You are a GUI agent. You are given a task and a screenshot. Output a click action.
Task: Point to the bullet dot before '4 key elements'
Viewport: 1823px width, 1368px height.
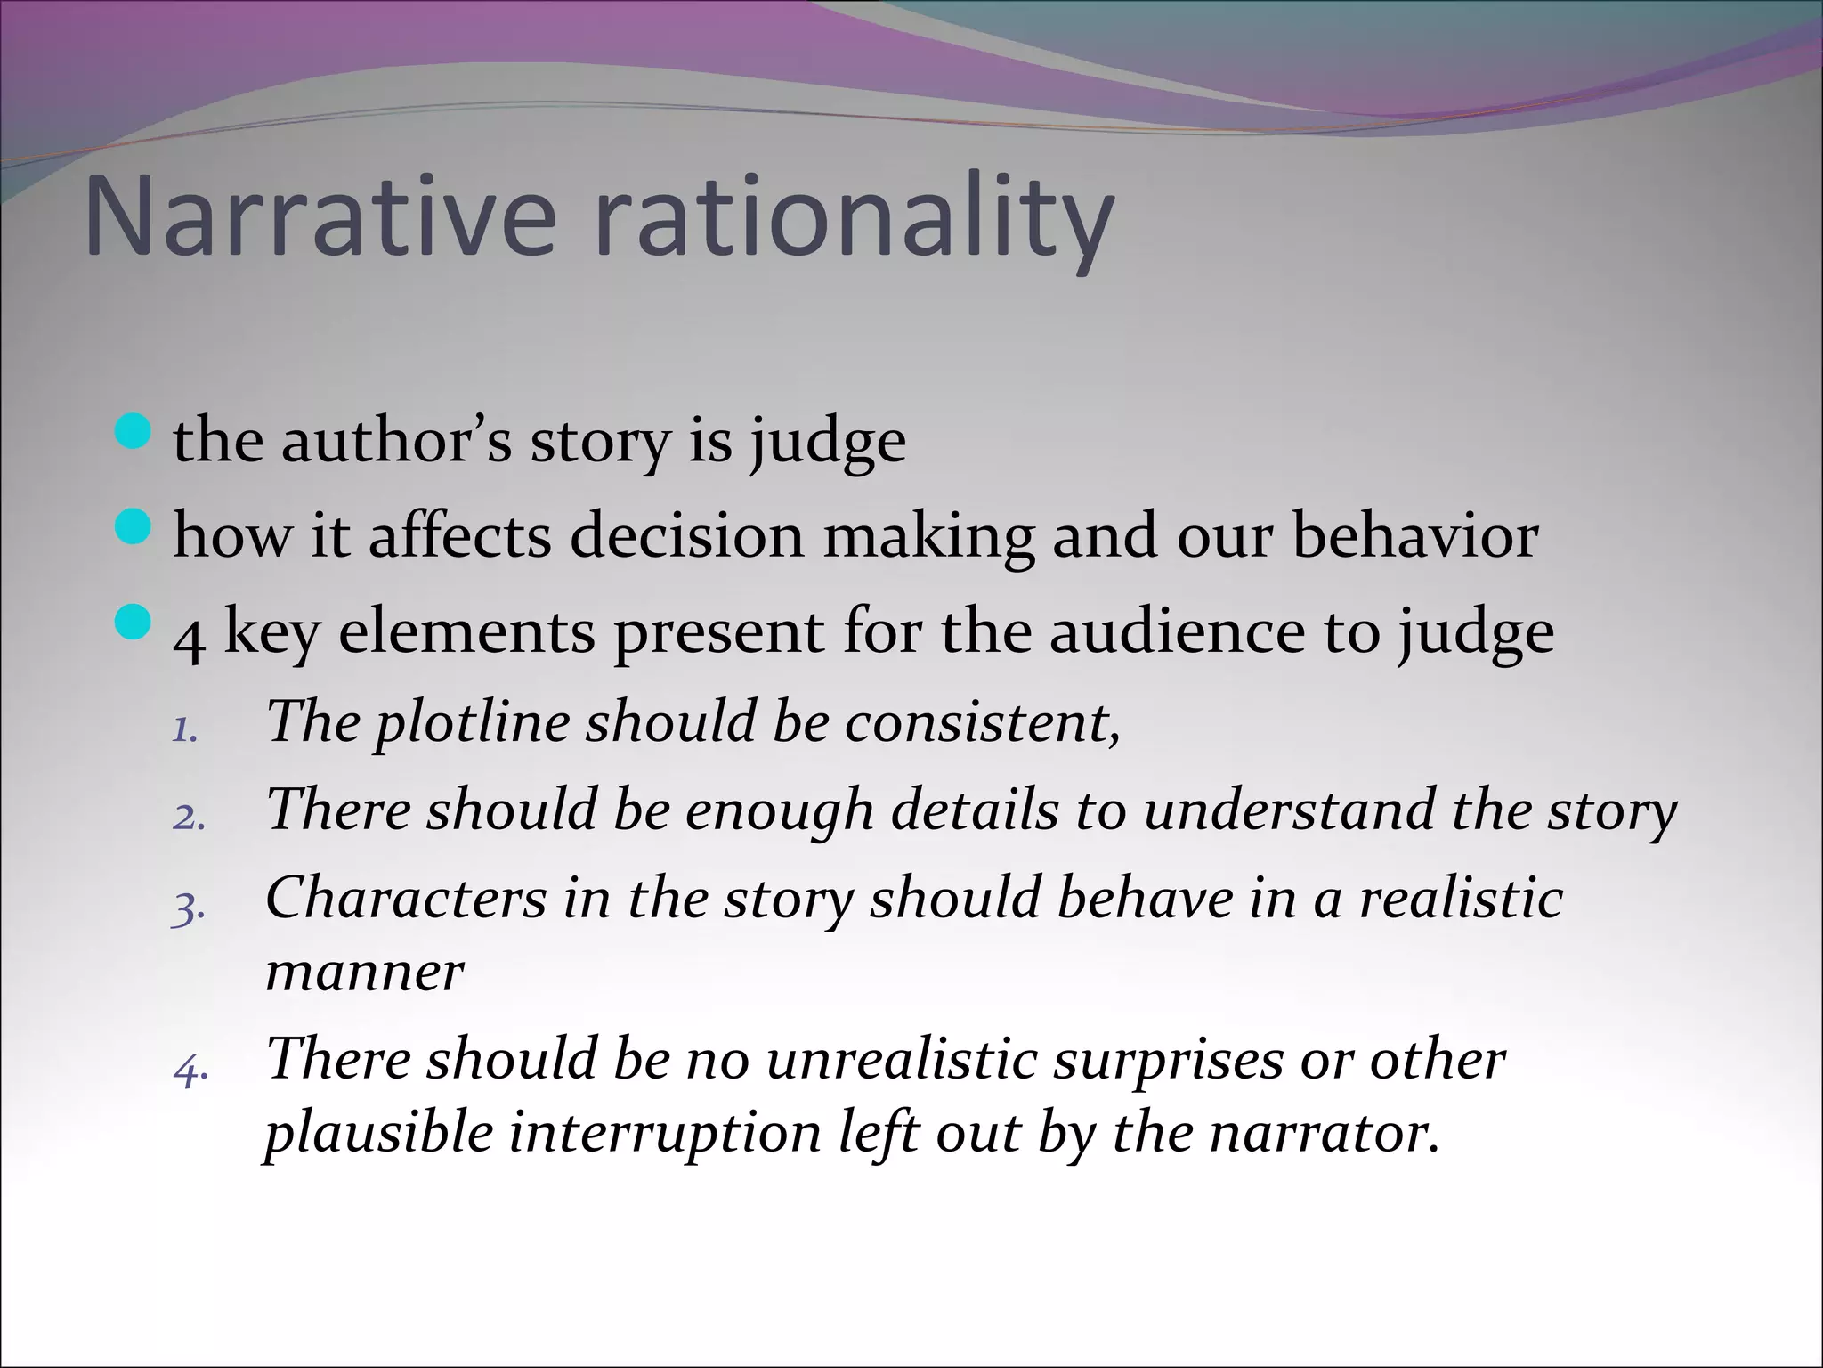(134, 623)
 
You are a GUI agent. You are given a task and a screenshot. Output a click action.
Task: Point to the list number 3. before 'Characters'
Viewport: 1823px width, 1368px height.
(189, 909)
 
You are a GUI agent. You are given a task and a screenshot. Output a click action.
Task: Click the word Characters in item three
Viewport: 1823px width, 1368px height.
(406, 897)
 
